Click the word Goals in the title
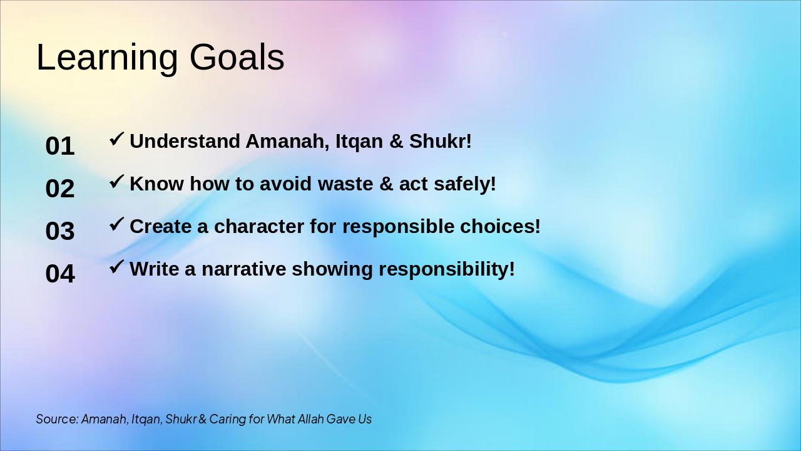237,57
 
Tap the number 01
60,146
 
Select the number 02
60,189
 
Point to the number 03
60,231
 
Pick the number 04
60,274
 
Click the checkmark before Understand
116,139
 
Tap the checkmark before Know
116,182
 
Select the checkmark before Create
116,224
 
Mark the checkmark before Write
116,267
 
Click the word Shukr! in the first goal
441,141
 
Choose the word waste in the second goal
345,184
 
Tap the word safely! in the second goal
465,185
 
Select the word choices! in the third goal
500,227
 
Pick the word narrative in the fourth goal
244,269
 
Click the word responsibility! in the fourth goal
447,269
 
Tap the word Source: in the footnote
57,419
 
